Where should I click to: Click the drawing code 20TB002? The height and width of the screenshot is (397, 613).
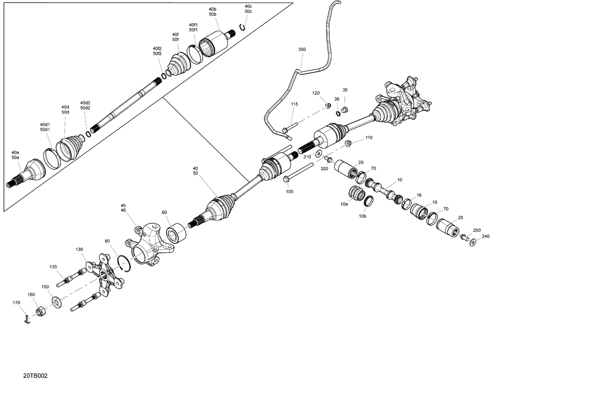(35, 376)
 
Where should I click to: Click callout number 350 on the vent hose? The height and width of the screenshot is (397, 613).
(302, 49)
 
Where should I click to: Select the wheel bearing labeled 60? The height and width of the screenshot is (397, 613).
(176, 233)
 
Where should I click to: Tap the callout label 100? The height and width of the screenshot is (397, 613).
(289, 192)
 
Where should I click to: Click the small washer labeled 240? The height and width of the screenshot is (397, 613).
(473, 243)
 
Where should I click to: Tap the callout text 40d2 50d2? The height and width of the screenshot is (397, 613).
(85, 105)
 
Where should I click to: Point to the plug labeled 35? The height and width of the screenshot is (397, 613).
(345, 109)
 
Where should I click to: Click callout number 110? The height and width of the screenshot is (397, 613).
(369, 138)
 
